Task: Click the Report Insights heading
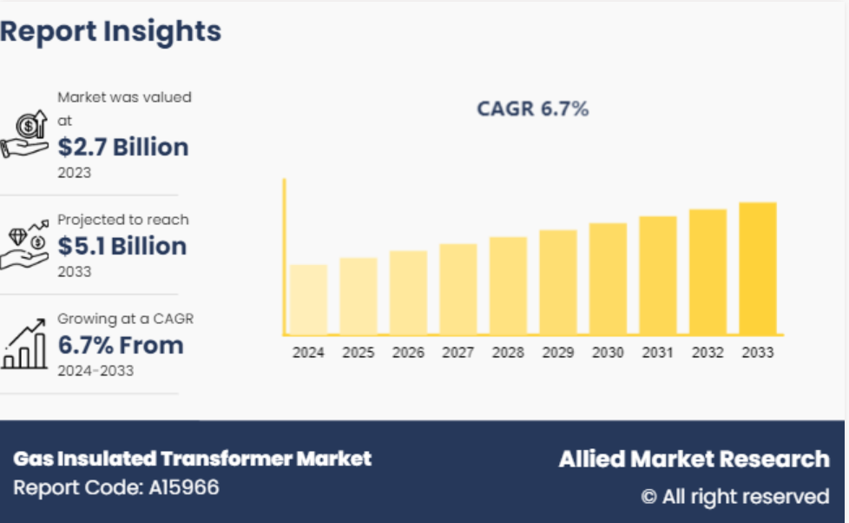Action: (110, 31)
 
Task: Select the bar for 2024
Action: (308, 300)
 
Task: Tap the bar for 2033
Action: (757, 268)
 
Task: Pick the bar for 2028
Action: (508, 286)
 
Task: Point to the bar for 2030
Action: (608, 279)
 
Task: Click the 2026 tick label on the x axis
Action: (408, 353)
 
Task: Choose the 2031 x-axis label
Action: (658, 353)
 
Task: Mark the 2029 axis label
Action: (558, 353)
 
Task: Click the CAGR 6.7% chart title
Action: (532, 109)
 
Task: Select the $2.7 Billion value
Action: (123, 147)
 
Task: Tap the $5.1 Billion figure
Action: (122, 246)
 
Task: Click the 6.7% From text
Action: (121, 345)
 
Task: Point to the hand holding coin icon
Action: (24, 136)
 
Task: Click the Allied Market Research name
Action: (694, 459)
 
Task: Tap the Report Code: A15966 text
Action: (116, 487)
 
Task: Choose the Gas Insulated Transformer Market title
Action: (192, 459)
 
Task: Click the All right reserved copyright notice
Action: (735, 497)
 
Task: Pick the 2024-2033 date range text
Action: (95, 371)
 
